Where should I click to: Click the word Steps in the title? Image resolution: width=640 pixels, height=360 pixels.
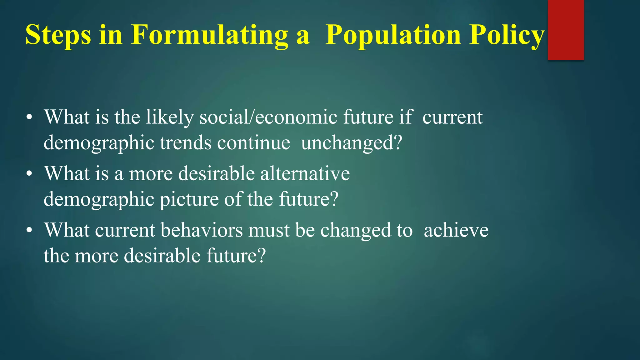click(x=58, y=35)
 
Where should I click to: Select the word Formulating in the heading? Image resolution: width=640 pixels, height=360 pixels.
click(x=209, y=35)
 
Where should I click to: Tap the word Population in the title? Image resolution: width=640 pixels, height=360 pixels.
click(x=393, y=35)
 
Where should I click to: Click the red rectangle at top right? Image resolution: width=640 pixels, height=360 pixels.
click(x=566, y=30)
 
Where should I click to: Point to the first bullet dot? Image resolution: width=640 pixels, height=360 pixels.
click(x=29, y=118)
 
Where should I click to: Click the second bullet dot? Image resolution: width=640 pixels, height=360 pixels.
click(x=29, y=174)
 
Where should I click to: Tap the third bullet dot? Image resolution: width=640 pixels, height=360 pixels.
click(x=29, y=231)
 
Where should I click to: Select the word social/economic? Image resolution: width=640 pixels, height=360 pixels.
click(x=268, y=117)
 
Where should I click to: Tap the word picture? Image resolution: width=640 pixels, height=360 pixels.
click(x=189, y=199)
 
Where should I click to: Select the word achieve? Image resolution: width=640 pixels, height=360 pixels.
click(x=456, y=230)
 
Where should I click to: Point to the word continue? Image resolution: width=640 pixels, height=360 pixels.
click(x=253, y=143)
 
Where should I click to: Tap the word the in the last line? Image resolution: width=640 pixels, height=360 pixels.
click(x=56, y=255)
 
